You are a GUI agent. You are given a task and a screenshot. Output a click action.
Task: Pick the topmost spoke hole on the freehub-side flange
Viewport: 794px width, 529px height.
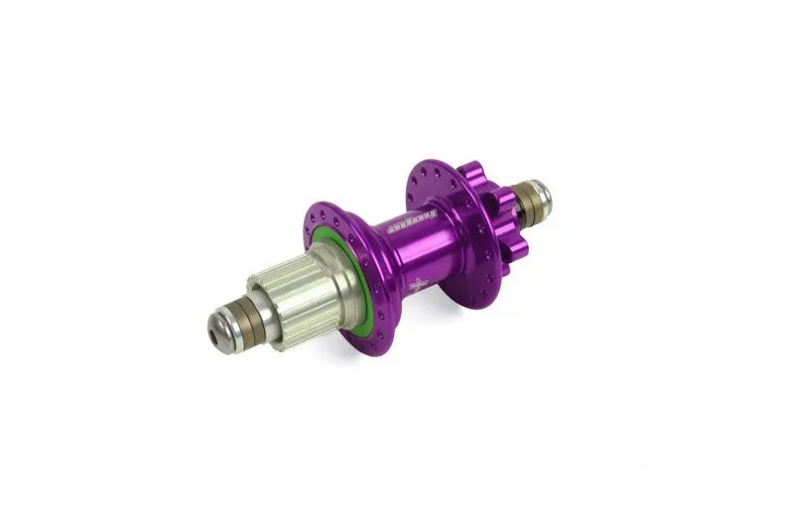coord(315,205)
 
